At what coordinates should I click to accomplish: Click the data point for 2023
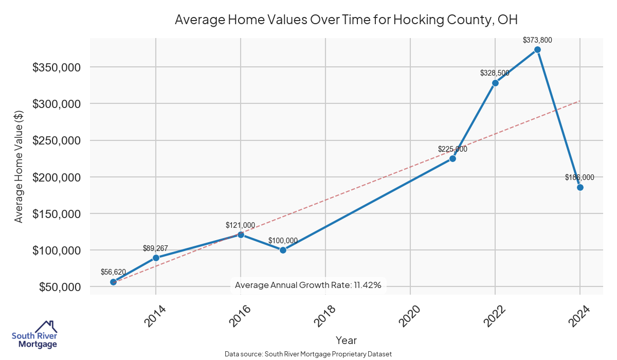537,50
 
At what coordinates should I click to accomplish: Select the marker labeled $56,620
114,282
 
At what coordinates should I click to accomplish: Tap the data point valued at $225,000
452,158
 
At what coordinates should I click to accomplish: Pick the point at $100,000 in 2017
283,250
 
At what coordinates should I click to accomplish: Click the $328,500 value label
495,73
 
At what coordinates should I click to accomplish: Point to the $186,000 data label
579,177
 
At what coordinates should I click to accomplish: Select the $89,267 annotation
156,248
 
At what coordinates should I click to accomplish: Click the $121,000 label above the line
240,225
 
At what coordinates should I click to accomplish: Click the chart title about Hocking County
346,20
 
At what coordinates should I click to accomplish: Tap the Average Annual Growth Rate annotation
308,285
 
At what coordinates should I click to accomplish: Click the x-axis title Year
346,340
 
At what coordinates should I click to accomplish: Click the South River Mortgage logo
34,335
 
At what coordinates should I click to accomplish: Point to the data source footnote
308,354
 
